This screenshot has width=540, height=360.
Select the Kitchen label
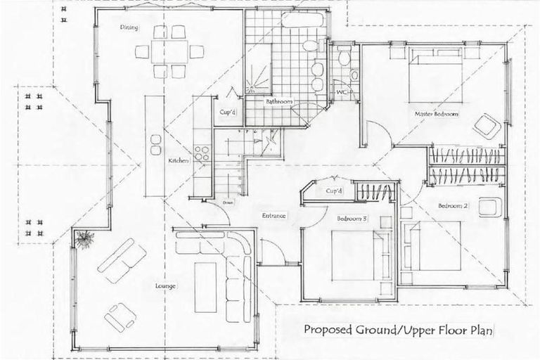(x=177, y=161)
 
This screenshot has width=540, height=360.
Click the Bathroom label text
(x=278, y=102)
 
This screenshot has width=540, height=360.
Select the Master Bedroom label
(x=437, y=113)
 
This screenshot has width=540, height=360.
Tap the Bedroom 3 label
(x=352, y=219)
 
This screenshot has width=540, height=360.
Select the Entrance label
(x=274, y=215)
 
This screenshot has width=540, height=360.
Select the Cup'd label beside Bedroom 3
(x=334, y=191)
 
